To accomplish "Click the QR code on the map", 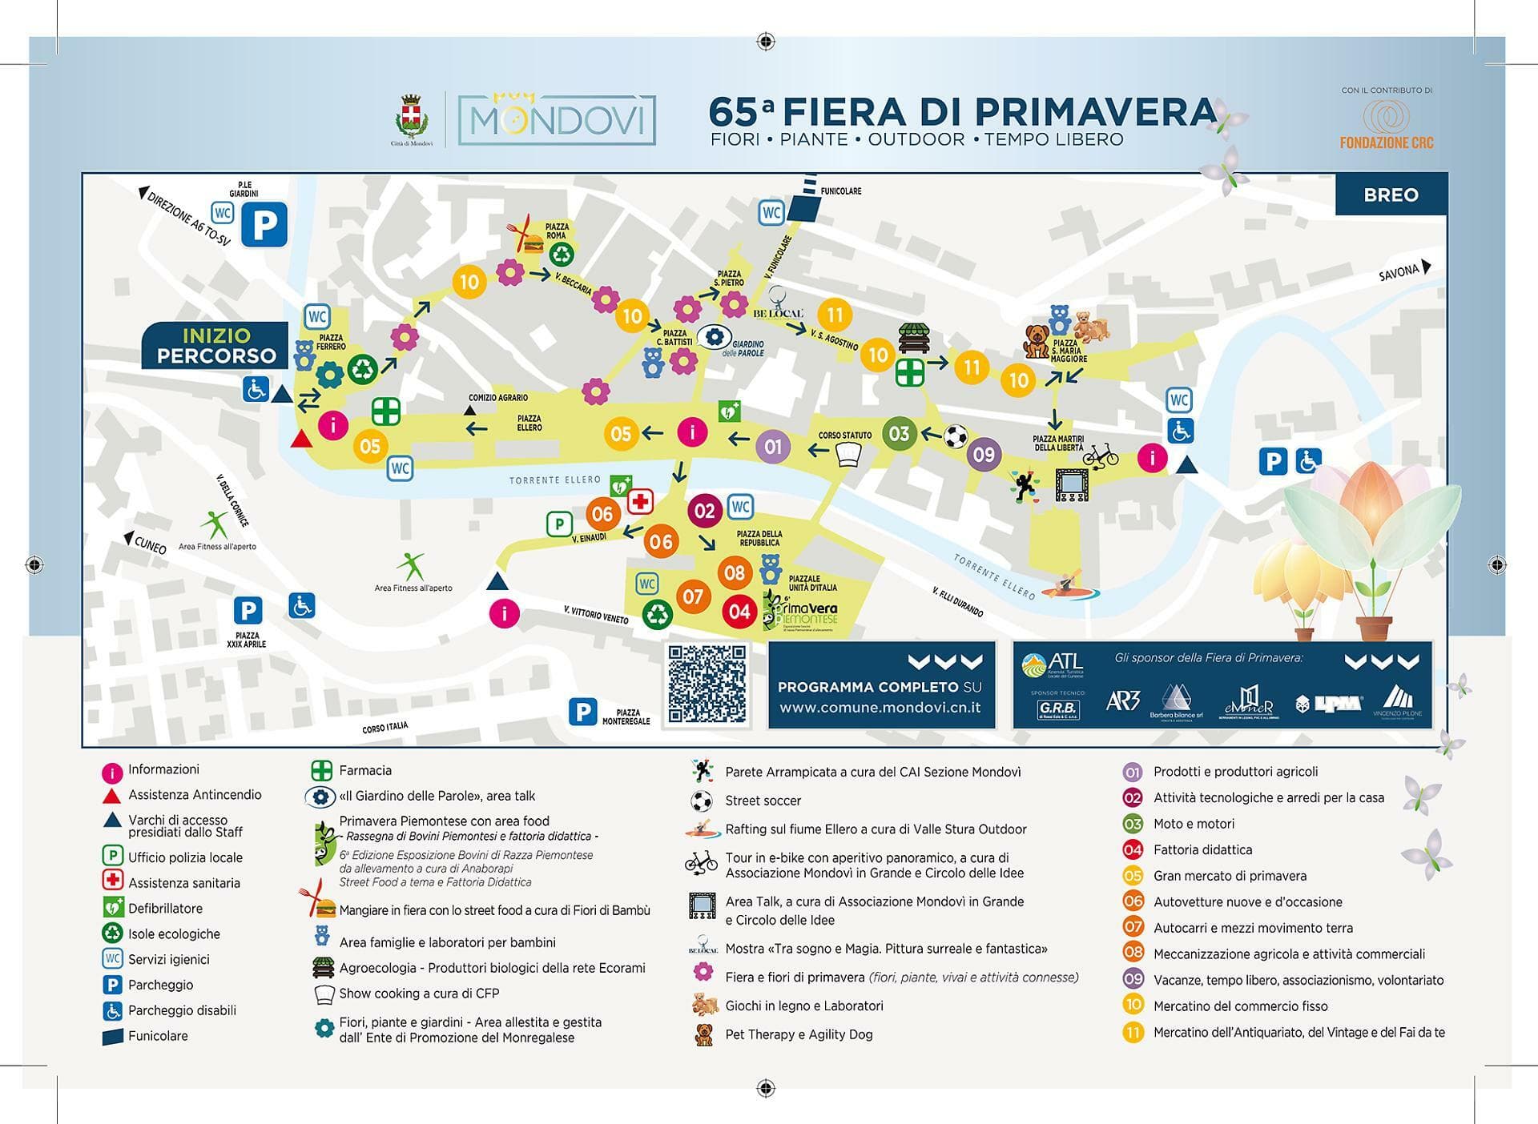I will tap(707, 684).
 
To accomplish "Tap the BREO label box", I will tap(1391, 195).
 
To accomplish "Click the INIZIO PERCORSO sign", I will tap(215, 346).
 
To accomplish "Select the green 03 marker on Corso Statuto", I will tap(899, 434).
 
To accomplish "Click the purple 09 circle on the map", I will tap(983, 455).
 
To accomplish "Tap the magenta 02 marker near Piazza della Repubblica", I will tap(704, 511).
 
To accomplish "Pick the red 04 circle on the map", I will tap(739, 612).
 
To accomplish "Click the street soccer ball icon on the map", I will tap(955, 436).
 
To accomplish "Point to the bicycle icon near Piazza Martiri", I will tap(1101, 456).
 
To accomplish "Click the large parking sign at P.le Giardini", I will tap(264, 226).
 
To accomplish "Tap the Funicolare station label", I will tap(840, 191).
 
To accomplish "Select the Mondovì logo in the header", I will tap(557, 120).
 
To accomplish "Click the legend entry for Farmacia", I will tap(364, 771).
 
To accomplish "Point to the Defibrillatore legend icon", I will tap(112, 909).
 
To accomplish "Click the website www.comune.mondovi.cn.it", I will tap(880, 708).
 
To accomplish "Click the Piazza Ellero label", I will tap(529, 423).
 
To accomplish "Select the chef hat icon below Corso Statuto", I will tap(848, 455).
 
